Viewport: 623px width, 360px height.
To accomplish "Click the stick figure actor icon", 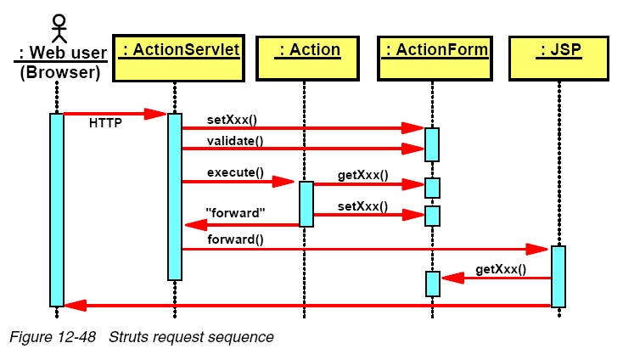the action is tap(59, 29).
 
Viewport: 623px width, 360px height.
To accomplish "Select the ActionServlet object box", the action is tap(178, 59).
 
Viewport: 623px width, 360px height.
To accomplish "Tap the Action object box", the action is tap(307, 59).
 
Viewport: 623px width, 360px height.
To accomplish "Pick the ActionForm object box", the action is tap(435, 59).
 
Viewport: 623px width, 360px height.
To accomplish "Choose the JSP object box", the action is tap(558, 59).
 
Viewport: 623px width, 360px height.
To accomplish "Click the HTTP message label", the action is tap(105, 123).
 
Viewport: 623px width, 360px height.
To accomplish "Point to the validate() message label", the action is tap(235, 141).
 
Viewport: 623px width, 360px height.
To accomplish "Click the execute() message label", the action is tap(235, 172).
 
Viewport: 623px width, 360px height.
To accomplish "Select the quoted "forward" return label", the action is tap(235, 213).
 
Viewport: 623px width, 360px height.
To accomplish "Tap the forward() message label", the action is tap(235, 239).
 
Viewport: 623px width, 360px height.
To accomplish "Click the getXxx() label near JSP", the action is tap(501, 269).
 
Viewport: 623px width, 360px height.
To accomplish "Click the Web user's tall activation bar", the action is tap(57, 210).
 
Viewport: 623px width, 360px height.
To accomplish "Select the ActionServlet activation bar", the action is tap(175, 197).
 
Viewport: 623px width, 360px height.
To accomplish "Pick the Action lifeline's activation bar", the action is tap(306, 205).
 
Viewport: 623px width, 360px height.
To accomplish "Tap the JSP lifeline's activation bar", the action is tap(558, 277).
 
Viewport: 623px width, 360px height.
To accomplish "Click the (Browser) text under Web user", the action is tap(60, 72).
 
